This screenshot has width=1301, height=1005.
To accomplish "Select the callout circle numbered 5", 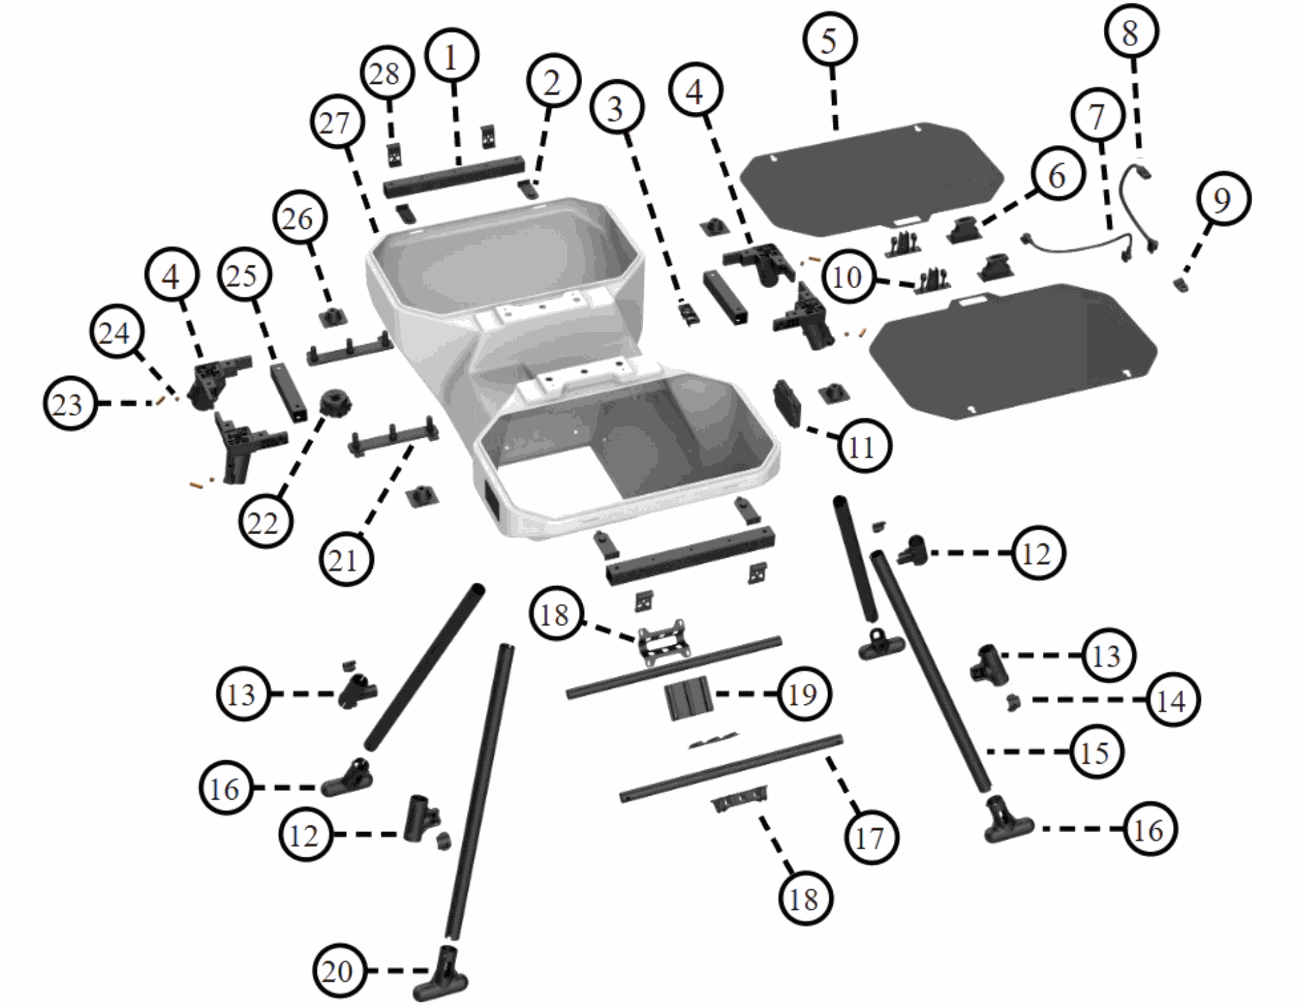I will click(x=830, y=40).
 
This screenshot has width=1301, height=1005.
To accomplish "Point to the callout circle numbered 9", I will click(x=1222, y=200).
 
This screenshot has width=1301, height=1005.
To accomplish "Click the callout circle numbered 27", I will click(x=337, y=123).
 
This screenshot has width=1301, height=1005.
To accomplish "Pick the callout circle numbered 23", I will click(x=68, y=405).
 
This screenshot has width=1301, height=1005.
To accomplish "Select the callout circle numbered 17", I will click(x=870, y=838).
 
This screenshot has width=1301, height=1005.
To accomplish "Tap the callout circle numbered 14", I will click(x=1172, y=701).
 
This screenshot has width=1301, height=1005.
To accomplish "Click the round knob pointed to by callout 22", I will click(x=335, y=405).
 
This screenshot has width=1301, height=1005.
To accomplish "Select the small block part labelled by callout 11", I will click(x=787, y=403).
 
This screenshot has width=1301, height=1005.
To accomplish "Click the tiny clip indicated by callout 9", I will click(x=1182, y=285).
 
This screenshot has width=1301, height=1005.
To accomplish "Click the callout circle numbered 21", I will click(x=346, y=560).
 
